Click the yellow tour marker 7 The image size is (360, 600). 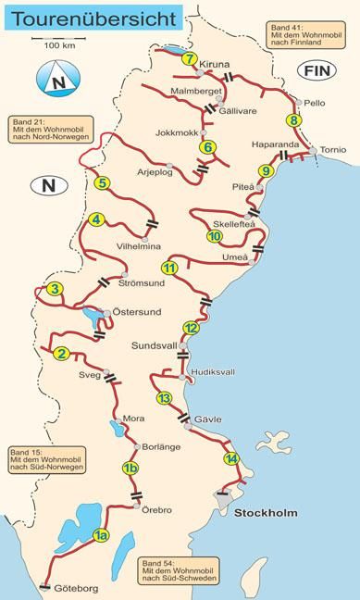coord(190,59)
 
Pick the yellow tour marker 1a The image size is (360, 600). coord(101,536)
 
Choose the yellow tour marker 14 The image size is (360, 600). coord(230,459)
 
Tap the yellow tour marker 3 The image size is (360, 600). coord(55,290)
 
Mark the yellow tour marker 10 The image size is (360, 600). coord(215,236)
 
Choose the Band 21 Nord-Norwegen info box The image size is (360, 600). coord(40,130)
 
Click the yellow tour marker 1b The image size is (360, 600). coord(130,469)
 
